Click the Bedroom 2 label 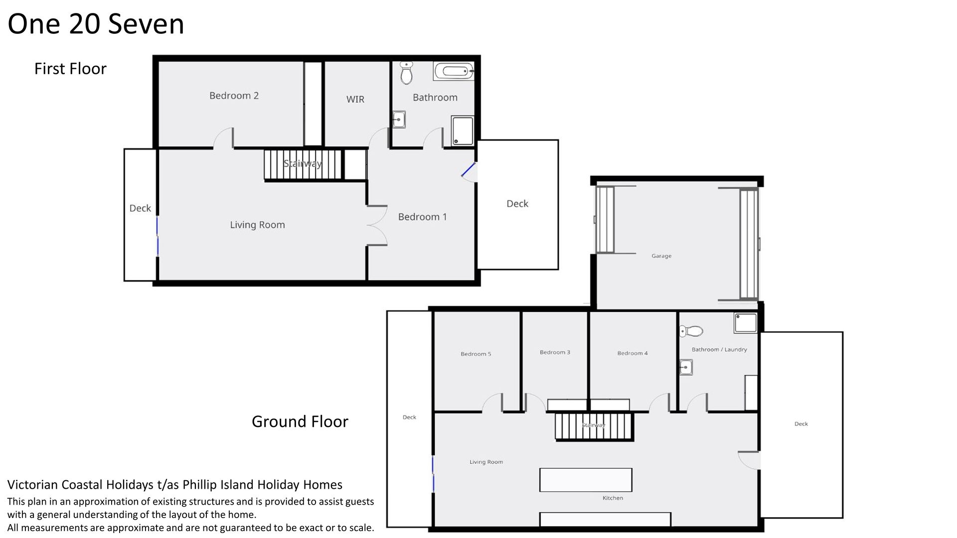click(x=234, y=96)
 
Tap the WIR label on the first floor click(x=355, y=99)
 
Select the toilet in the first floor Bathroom click(x=407, y=73)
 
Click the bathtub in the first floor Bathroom click(x=454, y=71)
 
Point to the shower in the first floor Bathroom click(x=463, y=131)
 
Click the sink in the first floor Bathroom click(x=399, y=120)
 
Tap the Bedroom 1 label click(x=422, y=217)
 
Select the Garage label click(x=661, y=256)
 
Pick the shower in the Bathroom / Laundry click(x=745, y=323)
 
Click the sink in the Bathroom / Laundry click(x=686, y=367)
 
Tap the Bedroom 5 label click(x=476, y=354)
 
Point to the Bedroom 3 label click(x=555, y=352)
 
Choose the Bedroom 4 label click(x=633, y=353)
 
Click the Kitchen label click(x=613, y=498)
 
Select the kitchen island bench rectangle click(x=586, y=480)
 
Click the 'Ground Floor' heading click(x=300, y=421)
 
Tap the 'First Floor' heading click(x=70, y=69)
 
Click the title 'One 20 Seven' click(x=96, y=24)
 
